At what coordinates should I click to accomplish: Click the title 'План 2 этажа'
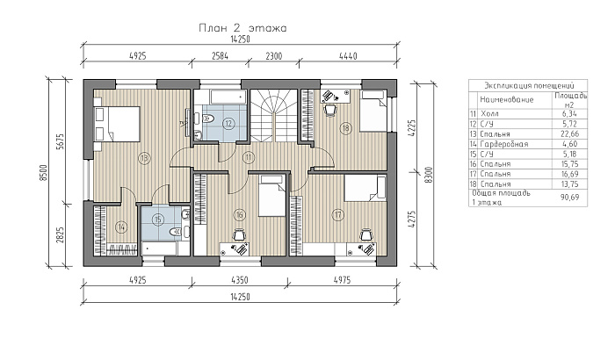point(242,28)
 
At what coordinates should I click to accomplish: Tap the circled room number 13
point(144,158)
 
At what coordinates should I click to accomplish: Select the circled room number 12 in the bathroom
point(228,124)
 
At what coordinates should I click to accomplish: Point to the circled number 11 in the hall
point(249,158)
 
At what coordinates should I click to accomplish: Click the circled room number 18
point(345,128)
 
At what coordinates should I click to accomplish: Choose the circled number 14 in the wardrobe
point(121,227)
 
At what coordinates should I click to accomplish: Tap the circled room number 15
point(158,220)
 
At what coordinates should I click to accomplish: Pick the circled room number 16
point(239,215)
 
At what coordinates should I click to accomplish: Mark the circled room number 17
point(337,215)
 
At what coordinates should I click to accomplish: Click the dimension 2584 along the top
point(220,56)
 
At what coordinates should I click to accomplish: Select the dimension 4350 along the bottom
point(239,280)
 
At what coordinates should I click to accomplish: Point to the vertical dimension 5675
point(60,141)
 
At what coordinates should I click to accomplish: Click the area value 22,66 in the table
point(570,134)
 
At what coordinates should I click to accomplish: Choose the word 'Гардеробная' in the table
point(504,144)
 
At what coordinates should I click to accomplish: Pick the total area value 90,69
point(570,198)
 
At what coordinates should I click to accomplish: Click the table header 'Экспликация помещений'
point(529,85)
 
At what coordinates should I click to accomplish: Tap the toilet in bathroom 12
point(207,119)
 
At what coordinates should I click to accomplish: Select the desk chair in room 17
point(366,234)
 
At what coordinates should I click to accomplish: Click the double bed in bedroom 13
point(117,124)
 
